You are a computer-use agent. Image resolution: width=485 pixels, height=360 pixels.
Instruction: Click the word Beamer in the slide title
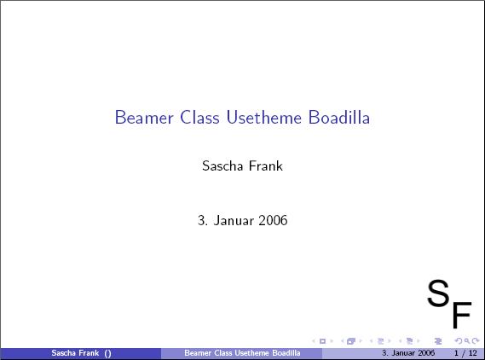point(144,118)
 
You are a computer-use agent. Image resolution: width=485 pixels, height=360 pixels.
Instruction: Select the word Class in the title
point(199,118)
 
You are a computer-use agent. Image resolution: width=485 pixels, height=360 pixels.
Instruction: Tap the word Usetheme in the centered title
point(264,118)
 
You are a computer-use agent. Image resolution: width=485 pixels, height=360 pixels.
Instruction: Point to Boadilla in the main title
point(339,118)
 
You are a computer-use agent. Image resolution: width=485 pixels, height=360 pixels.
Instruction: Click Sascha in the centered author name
point(222,165)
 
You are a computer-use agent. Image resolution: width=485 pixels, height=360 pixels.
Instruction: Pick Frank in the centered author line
point(266,165)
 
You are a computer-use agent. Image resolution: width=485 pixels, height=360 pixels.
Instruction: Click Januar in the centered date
point(234,220)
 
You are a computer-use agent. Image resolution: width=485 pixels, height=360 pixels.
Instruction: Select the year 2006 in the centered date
point(273,220)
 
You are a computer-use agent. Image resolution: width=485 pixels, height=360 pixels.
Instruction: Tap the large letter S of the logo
point(438,293)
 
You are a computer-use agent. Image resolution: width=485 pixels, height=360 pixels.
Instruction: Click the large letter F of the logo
point(462,314)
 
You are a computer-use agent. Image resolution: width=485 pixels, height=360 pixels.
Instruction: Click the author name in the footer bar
point(75,353)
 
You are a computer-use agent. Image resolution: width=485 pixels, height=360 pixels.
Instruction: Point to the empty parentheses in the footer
point(107,353)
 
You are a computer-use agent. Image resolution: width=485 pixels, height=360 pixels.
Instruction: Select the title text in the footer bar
point(242,353)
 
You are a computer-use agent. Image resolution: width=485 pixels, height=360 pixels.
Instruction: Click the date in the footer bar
point(408,353)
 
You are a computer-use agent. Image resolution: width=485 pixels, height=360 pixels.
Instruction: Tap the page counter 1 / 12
point(465,353)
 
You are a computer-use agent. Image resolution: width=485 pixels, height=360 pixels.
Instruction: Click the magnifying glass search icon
point(467,341)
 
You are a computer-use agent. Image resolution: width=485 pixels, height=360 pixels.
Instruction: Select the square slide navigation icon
point(322,341)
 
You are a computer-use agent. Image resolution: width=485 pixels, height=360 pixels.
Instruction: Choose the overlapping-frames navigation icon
point(351,341)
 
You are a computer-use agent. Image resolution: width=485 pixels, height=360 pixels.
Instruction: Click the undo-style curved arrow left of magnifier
point(459,341)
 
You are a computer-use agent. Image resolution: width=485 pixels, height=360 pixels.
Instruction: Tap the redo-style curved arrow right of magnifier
point(476,341)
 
